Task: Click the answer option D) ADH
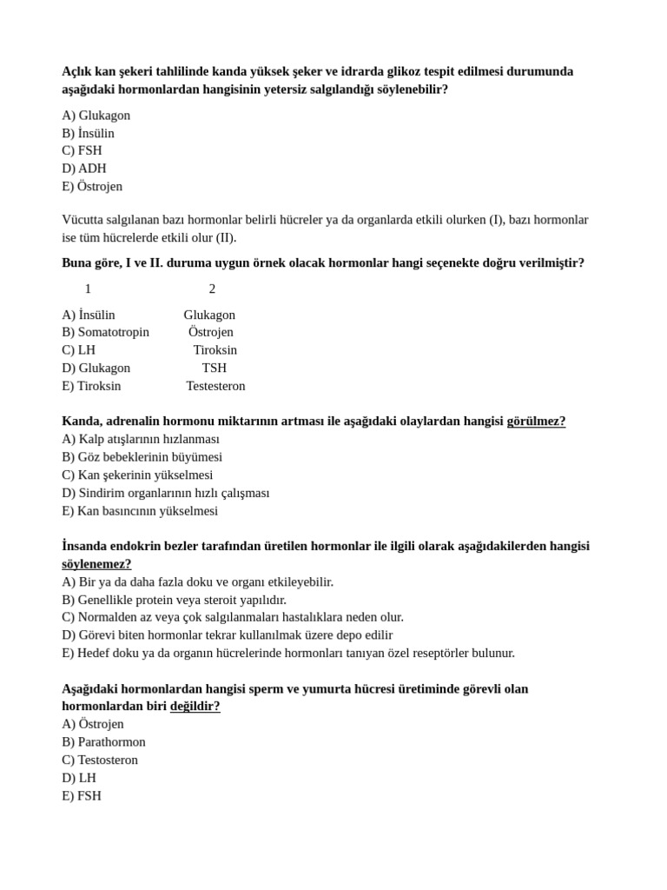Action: [x=84, y=169]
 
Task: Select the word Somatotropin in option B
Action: [x=113, y=332]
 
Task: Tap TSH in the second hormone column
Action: [x=215, y=368]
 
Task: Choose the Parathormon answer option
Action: [x=103, y=742]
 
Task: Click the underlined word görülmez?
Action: [x=536, y=422]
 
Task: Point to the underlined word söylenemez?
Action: [x=96, y=564]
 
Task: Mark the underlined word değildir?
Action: [x=195, y=707]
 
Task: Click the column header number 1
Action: [x=88, y=289]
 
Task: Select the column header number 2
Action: [x=212, y=289]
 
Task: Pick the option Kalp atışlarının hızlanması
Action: [x=141, y=439]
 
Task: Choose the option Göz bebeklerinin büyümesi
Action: [x=142, y=457]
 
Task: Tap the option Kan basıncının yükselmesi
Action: [x=140, y=511]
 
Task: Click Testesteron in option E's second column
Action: [x=215, y=386]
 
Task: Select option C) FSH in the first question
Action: [x=82, y=150]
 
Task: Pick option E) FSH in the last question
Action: [x=82, y=796]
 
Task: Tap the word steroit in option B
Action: [x=241, y=600]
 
